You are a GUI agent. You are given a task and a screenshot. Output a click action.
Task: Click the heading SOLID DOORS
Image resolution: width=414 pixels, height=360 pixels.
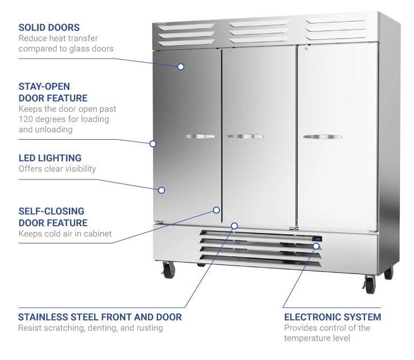pos(49,27)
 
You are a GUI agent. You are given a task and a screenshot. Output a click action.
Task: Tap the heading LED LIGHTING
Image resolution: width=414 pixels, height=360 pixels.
pos(50,158)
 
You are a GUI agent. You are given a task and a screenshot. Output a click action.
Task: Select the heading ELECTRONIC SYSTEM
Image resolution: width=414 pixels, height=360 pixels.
pos(332,317)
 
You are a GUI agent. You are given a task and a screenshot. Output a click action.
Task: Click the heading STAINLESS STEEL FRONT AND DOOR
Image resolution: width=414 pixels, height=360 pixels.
pos(100,317)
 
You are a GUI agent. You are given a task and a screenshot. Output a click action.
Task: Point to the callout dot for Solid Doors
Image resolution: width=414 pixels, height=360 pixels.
pos(181,67)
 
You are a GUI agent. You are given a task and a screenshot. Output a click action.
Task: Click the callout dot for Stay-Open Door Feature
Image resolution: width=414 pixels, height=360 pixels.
pos(153,143)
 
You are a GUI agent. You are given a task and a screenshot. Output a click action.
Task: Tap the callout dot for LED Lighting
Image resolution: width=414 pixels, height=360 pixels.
pos(161,190)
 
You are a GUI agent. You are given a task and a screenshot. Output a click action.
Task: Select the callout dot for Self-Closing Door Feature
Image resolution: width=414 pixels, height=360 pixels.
pos(217,210)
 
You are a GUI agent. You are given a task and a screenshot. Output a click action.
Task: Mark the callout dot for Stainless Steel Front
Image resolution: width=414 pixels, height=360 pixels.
pos(234,225)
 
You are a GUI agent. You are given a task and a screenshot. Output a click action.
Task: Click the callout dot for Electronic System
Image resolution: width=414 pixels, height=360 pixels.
pos(316,246)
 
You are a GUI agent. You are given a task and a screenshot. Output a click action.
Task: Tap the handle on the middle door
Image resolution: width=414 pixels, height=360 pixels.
pos(245,136)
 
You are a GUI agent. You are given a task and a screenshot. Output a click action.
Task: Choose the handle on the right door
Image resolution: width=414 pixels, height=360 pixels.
pos(322,137)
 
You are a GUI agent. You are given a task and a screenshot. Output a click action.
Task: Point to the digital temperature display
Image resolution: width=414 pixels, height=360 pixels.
pos(318,239)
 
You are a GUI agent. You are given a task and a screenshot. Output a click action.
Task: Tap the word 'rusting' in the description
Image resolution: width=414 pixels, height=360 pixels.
pos(148,328)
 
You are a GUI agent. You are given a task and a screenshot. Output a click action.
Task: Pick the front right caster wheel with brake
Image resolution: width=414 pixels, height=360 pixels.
pos(369,283)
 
